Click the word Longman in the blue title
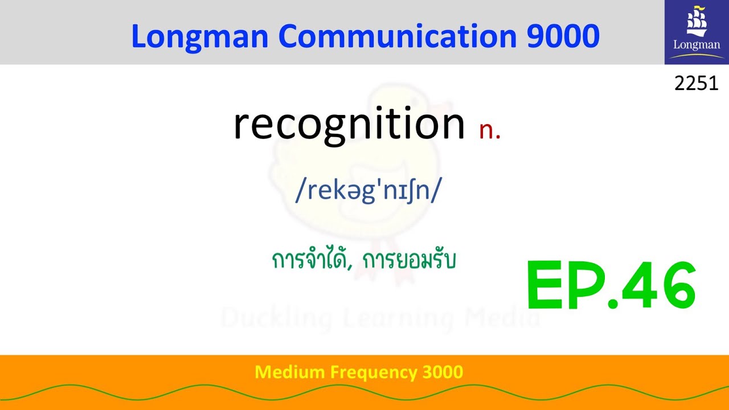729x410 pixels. [199, 36]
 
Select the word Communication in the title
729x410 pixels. [398, 36]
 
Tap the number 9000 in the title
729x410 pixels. [563, 36]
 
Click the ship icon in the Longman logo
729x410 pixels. [696, 22]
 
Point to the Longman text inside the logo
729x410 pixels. [696, 44]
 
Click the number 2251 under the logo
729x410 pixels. [696, 84]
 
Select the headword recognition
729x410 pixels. [349, 124]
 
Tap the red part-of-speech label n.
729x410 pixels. [489, 130]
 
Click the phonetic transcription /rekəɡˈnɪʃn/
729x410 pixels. [368, 191]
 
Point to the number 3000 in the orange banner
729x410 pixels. [443, 372]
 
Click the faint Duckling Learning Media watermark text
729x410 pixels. [380, 318]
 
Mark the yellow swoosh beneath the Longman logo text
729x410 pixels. [696, 56]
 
